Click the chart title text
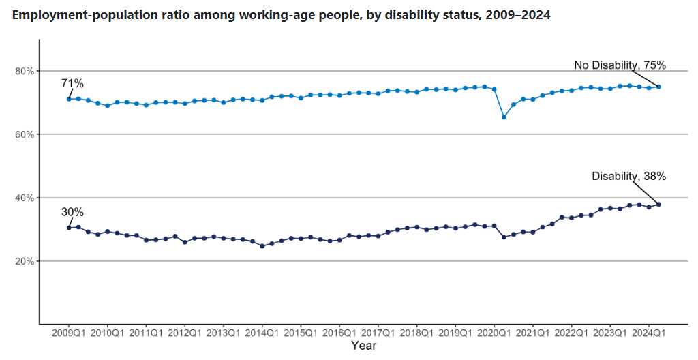tap(281, 15)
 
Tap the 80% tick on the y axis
tap(25, 71)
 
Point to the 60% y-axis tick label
tap(25, 134)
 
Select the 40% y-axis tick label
tap(25, 198)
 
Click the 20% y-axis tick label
tap(25, 261)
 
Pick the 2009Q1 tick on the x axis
tap(69, 333)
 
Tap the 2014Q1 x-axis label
tap(262, 333)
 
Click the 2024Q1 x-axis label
tap(648, 333)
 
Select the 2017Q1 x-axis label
tap(378, 333)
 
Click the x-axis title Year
tap(363, 346)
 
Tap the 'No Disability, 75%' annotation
tap(620, 65)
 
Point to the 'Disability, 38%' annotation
tap(628, 176)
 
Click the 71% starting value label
tap(72, 84)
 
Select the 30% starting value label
tap(72, 212)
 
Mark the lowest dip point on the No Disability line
tap(504, 117)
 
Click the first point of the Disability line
tap(69, 227)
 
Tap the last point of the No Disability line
tap(658, 87)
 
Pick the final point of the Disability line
tap(658, 204)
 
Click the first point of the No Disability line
tap(69, 99)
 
